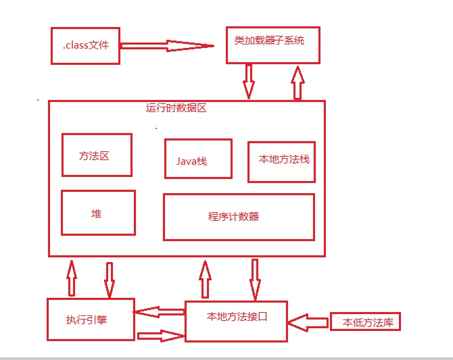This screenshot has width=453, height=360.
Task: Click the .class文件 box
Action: [x=85, y=46]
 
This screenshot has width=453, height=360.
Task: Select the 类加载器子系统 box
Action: [x=272, y=45]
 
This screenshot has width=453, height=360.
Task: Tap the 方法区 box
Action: [x=96, y=155]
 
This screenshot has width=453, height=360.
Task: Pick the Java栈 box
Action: [x=197, y=159]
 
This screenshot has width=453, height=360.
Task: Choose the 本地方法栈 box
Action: [x=281, y=161]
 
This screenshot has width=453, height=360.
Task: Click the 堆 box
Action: [x=97, y=213]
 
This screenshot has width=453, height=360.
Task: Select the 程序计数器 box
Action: [x=239, y=217]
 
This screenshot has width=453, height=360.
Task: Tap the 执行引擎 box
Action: [x=90, y=319]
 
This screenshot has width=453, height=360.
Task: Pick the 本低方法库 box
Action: [x=365, y=322]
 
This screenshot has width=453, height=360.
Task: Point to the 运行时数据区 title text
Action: [x=181, y=107]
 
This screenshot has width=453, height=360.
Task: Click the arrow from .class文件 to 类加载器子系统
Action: [x=166, y=47]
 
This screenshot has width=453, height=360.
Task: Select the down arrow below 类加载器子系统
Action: [x=249, y=81]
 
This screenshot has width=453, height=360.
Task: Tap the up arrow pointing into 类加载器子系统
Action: [x=297, y=82]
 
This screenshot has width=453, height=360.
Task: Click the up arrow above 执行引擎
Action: [x=72, y=277]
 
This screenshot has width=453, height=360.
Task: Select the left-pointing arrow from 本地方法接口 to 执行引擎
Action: [x=160, y=311]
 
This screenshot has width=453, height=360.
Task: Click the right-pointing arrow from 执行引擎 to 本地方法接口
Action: [x=161, y=336]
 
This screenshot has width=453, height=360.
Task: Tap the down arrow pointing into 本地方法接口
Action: [x=255, y=278]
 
